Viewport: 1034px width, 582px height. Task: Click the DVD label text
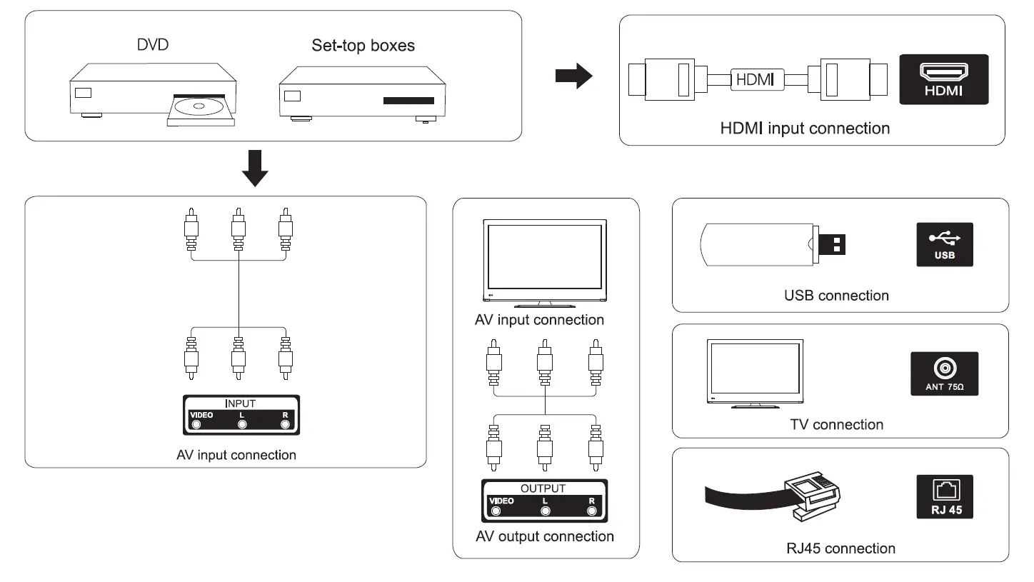(x=153, y=45)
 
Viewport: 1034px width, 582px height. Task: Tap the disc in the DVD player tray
(x=199, y=106)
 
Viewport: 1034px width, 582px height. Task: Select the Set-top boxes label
(x=363, y=45)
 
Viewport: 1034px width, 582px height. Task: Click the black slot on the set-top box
(x=408, y=101)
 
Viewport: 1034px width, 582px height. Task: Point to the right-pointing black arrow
(x=574, y=76)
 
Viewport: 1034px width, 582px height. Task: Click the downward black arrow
(x=255, y=168)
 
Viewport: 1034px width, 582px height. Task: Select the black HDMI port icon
(x=943, y=79)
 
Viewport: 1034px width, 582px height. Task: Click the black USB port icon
(x=945, y=245)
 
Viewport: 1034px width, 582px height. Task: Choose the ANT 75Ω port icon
(x=944, y=374)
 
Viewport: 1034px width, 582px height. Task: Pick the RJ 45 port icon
(x=945, y=496)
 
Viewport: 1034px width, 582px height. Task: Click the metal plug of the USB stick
(x=832, y=245)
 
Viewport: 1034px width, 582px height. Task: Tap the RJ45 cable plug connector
(x=813, y=496)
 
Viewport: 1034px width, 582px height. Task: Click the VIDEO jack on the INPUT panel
(x=196, y=425)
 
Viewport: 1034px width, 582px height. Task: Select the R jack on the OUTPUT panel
(x=591, y=511)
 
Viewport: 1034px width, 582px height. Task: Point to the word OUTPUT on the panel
(x=543, y=488)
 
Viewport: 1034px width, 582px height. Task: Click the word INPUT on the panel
(x=240, y=403)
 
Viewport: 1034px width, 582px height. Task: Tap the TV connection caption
(x=836, y=425)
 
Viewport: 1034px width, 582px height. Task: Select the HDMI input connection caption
(x=805, y=129)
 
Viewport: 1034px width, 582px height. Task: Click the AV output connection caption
(x=545, y=536)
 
